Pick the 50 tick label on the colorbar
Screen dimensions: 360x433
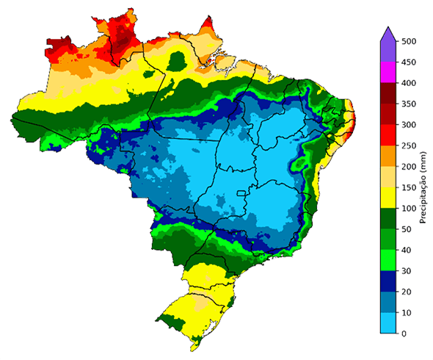tap(409, 229)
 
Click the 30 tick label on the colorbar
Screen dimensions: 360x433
tap(409, 271)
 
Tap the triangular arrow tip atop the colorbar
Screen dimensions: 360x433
tap(389, 32)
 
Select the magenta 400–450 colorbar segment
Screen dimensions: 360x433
tap(389, 73)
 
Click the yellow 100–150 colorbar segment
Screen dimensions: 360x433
tap(389, 198)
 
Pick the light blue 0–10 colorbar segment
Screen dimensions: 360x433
tap(389, 323)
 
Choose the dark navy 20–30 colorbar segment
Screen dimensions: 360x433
tap(389, 281)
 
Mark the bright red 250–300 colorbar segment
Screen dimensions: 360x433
tap(389, 136)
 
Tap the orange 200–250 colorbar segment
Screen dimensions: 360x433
tap(389, 156)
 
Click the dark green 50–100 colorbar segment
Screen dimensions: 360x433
tap(389, 219)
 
